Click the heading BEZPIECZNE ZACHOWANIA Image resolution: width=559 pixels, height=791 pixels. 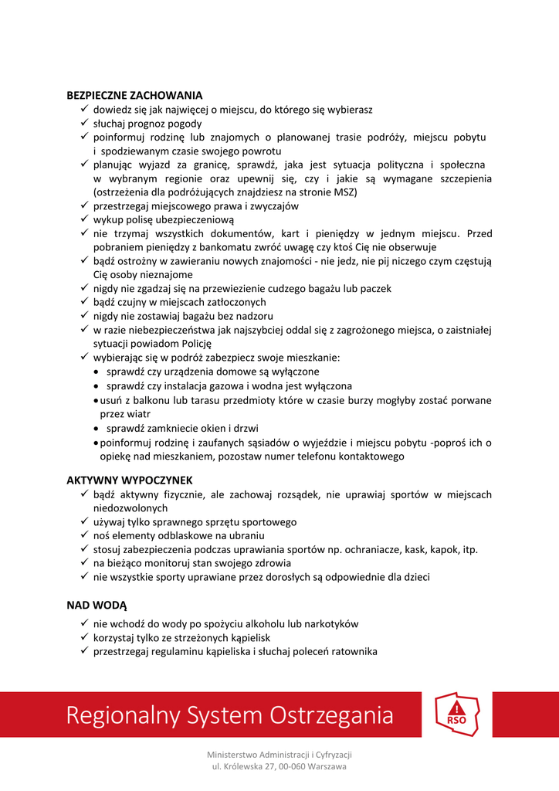[134, 96]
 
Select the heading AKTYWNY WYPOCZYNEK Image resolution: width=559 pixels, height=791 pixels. [130, 480]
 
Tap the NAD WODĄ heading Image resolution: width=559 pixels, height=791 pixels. [97, 605]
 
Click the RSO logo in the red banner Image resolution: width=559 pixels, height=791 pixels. [457, 716]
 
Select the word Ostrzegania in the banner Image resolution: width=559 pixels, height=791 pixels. [331, 715]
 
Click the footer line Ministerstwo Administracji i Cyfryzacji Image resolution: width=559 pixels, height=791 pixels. [279, 754]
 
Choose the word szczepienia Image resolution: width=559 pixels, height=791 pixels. [462, 179]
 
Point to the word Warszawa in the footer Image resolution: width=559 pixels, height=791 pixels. [327, 766]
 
